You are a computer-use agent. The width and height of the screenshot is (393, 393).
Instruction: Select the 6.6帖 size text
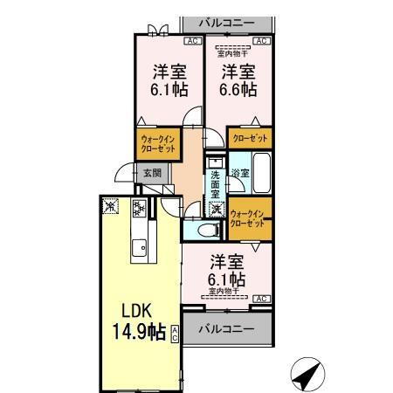click(238, 90)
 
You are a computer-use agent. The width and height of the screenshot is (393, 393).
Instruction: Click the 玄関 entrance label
click(152, 173)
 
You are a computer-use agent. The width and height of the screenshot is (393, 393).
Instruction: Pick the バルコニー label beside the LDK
click(224, 329)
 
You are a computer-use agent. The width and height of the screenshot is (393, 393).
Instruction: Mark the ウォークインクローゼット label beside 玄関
click(157, 142)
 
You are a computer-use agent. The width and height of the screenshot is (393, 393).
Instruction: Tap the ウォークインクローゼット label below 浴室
click(249, 219)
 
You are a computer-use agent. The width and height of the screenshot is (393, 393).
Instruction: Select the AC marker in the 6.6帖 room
click(260, 40)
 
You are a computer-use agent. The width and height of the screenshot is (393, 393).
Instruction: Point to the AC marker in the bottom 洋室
click(259, 299)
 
